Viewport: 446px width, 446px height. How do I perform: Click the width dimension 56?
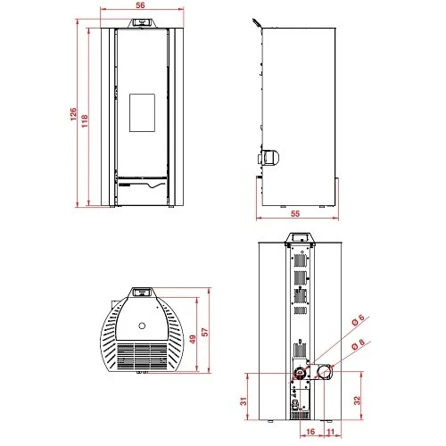(140, 5)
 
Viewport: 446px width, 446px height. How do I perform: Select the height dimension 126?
(73, 114)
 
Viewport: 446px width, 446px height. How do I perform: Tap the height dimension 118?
(85, 121)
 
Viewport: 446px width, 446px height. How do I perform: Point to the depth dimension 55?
(295, 213)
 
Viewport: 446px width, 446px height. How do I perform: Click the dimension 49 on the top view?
(193, 339)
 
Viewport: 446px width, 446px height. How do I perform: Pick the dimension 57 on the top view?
(205, 332)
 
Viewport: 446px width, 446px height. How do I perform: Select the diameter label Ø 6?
(358, 320)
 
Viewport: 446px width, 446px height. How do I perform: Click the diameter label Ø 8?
(358, 344)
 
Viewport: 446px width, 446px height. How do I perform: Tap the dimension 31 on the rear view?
(244, 401)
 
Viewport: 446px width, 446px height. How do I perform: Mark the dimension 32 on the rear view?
(357, 401)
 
